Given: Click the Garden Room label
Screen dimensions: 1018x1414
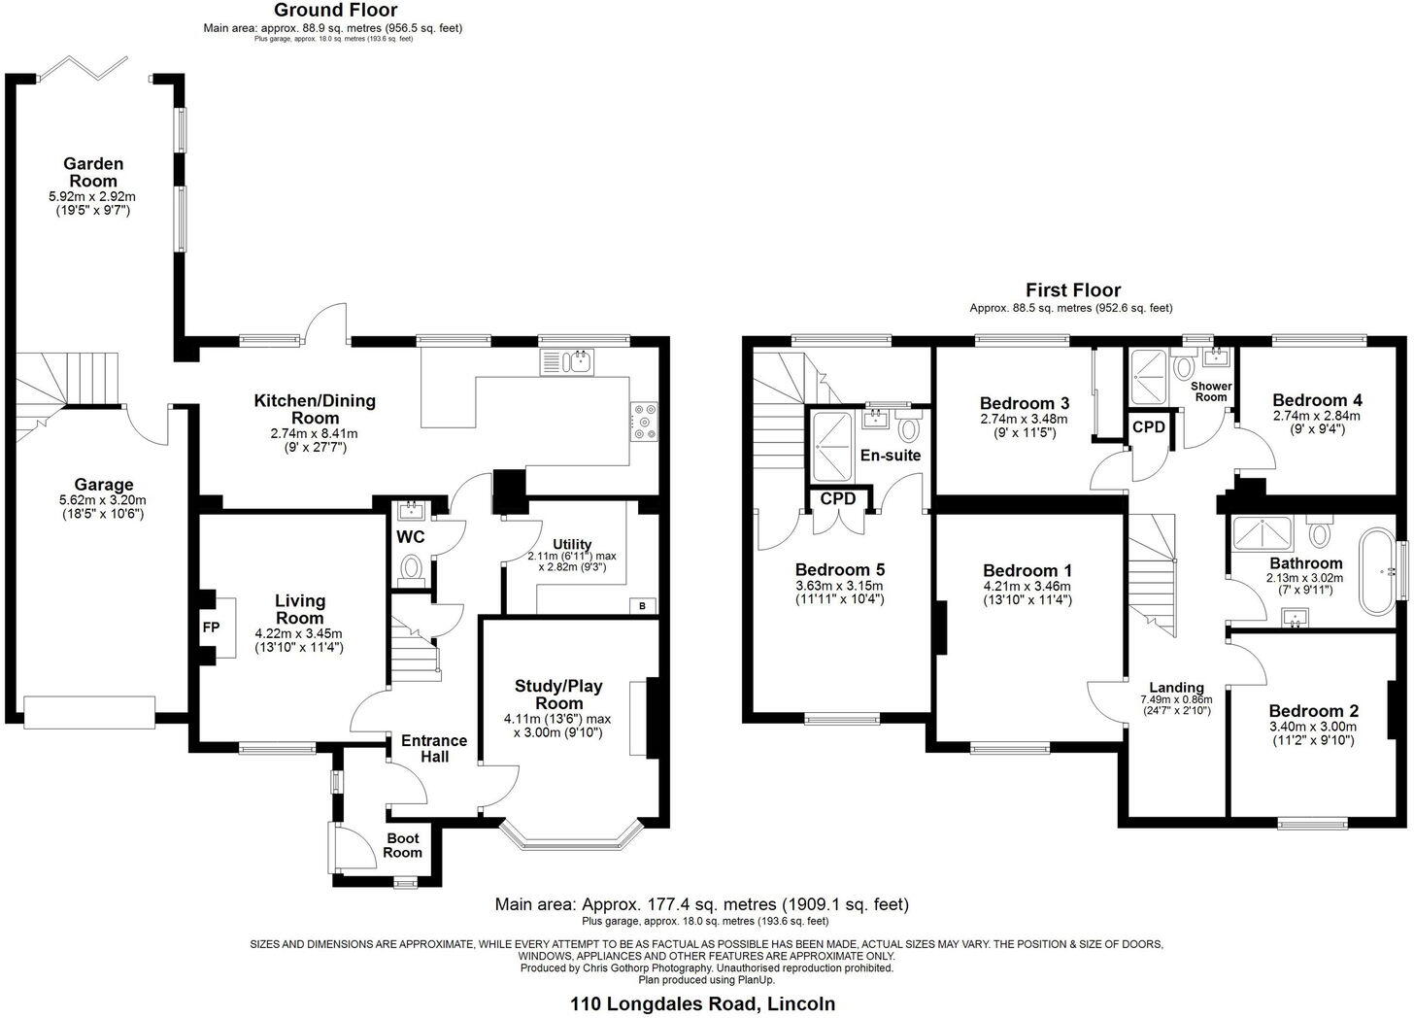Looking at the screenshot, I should pyautogui.click(x=93, y=172).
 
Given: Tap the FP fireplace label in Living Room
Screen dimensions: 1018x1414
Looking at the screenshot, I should pyautogui.click(x=211, y=628).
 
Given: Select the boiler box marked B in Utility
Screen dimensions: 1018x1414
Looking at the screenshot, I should pyautogui.click(x=641, y=606).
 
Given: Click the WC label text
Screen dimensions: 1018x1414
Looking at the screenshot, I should pyautogui.click(x=411, y=537).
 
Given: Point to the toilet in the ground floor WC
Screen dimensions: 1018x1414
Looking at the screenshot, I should pyautogui.click(x=412, y=567).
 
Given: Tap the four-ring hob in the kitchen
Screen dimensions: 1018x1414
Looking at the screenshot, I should pyautogui.click(x=644, y=423).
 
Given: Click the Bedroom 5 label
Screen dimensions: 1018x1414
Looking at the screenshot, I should pyautogui.click(x=839, y=569).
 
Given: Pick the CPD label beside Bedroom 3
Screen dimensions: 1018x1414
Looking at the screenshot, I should pyautogui.click(x=1149, y=427).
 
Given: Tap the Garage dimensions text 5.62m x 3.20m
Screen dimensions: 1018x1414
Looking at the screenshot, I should pyautogui.click(x=103, y=501).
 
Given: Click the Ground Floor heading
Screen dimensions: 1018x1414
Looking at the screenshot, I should pyautogui.click(x=335, y=11).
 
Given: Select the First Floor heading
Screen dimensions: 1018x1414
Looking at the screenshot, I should pyautogui.click(x=1072, y=290).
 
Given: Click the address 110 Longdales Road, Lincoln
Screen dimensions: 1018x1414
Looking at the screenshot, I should pyautogui.click(x=702, y=1003).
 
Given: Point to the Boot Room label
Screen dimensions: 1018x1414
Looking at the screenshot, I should pyautogui.click(x=402, y=845).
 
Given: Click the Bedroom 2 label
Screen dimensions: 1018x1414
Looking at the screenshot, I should pyautogui.click(x=1312, y=711).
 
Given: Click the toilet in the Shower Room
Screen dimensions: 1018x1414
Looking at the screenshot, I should pyautogui.click(x=1183, y=368).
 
